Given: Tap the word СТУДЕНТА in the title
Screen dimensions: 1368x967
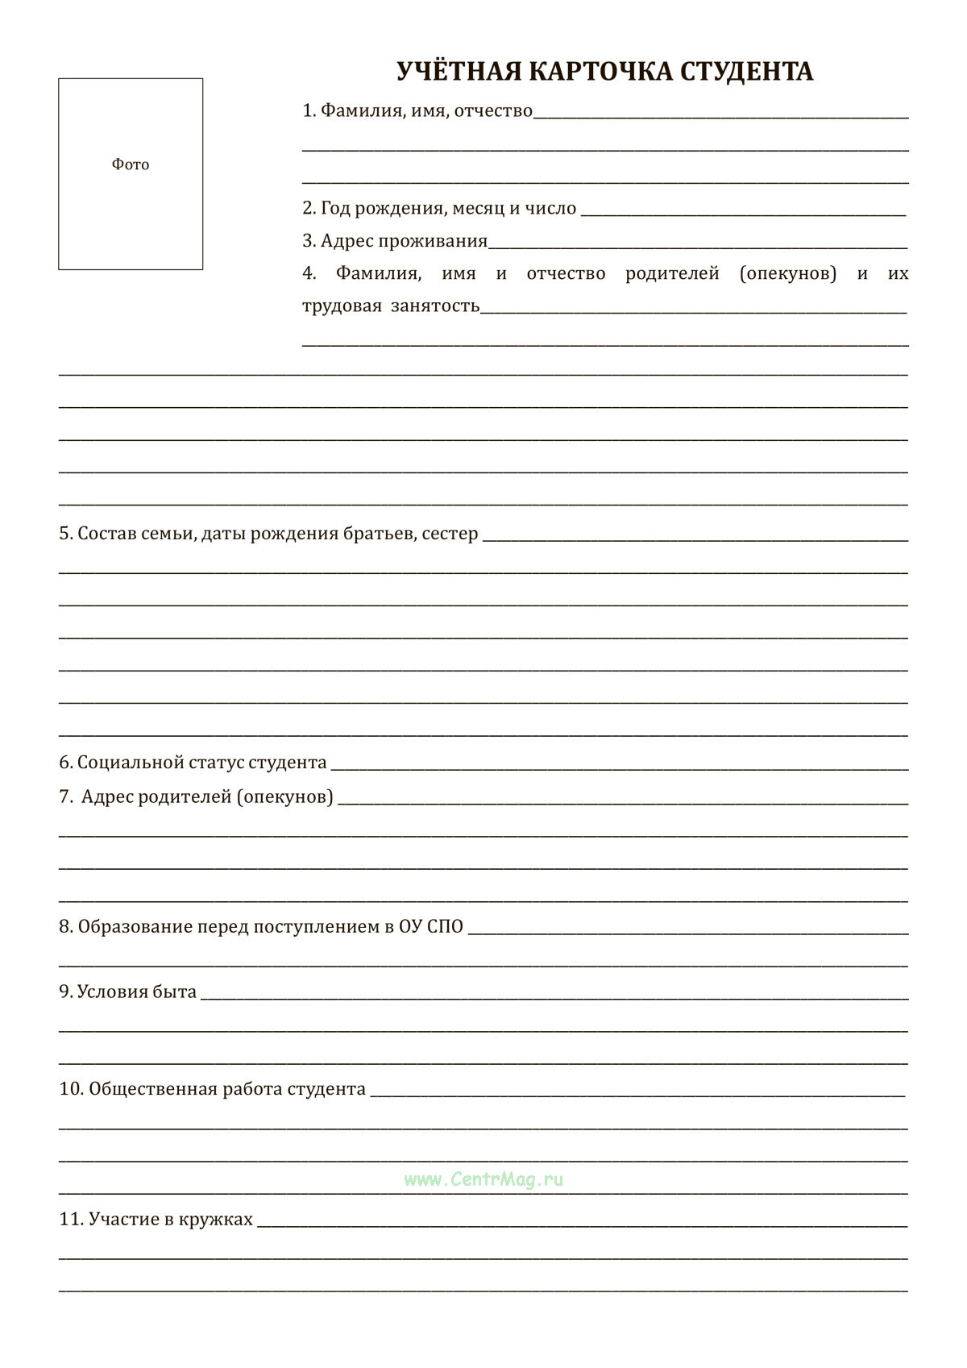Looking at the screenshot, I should (746, 72).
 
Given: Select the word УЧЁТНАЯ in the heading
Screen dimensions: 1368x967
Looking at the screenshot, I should (459, 72).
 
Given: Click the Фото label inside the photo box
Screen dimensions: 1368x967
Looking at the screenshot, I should (131, 164).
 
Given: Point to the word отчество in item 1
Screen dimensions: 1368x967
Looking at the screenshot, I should (493, 110).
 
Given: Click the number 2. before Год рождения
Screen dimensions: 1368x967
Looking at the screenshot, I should (309, 208).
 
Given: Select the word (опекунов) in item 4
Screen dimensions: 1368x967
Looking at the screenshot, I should (787, 273).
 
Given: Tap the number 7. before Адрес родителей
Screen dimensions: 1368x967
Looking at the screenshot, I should (66, 797).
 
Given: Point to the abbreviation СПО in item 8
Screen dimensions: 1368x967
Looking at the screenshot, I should (445, 927).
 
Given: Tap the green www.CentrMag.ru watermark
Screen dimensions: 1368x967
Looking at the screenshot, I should (483, 1179).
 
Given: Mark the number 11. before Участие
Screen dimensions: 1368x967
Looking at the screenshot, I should (71, 1220).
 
